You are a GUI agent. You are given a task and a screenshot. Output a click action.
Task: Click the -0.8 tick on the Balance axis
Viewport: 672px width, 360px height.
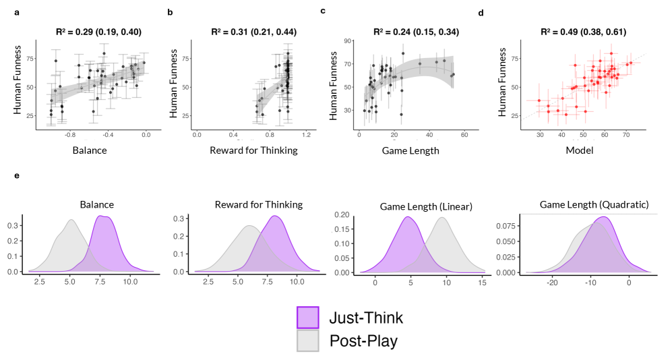click(69, 135)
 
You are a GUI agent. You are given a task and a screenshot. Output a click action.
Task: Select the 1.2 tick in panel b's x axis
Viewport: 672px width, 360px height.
click(306, 135)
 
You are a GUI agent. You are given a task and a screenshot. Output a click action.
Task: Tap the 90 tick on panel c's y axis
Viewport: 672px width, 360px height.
click(348, 42)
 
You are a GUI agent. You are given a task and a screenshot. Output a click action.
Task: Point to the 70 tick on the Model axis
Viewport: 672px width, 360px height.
click(626, 135)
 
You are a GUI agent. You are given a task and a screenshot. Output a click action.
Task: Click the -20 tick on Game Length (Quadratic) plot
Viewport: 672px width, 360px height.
click(552, 284)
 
